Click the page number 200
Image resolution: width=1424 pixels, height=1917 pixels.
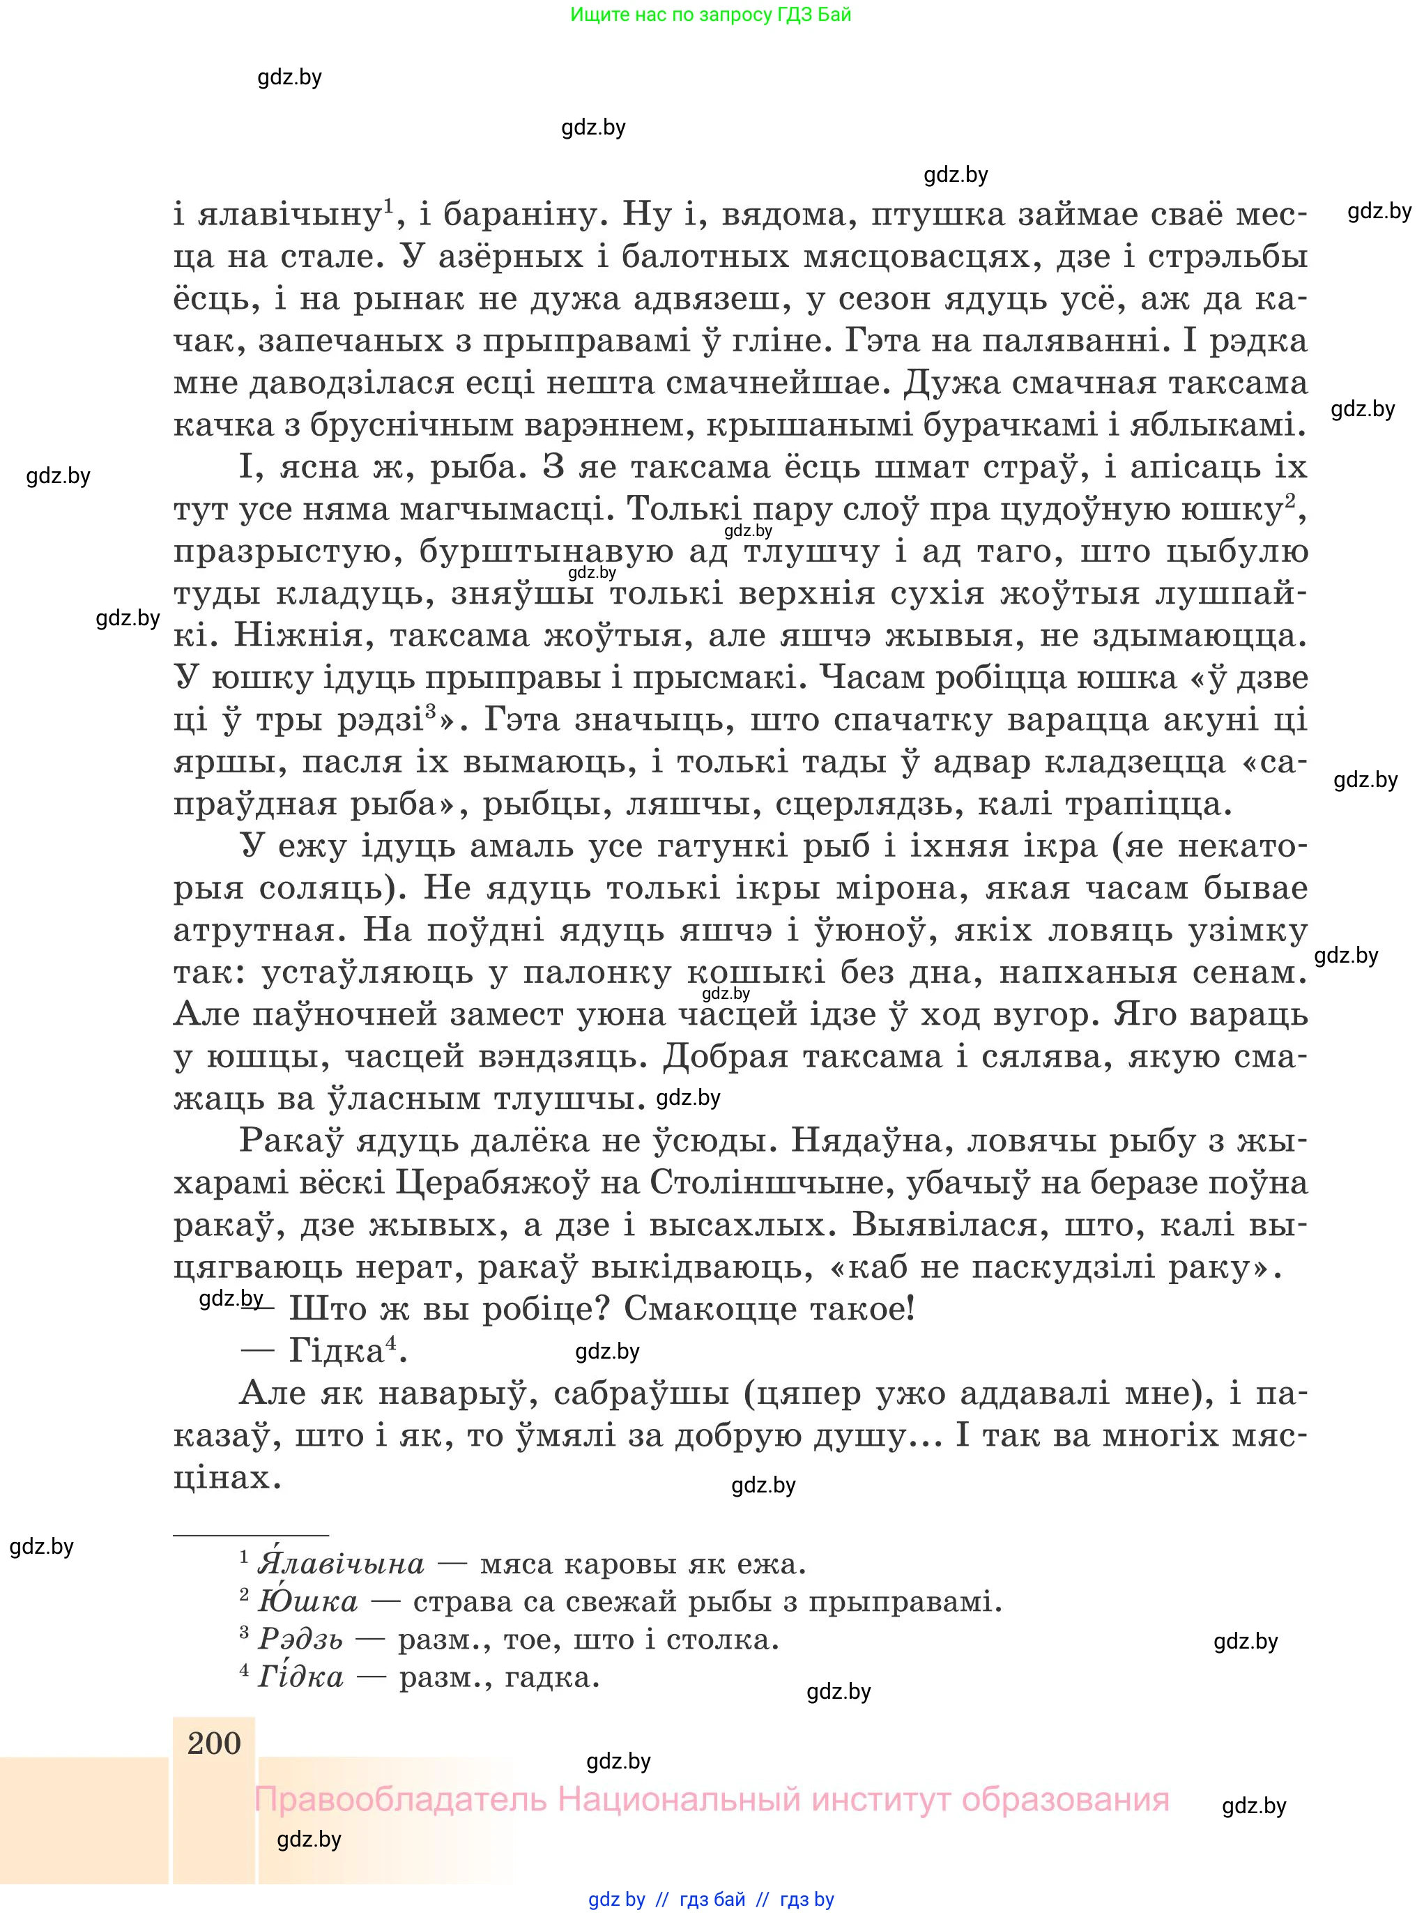click(214, 1743)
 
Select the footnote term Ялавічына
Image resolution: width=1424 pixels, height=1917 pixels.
click(342, 1563)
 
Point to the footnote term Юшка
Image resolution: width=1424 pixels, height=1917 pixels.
click(307, 1601)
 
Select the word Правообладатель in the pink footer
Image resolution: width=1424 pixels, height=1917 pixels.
click(401, 1800)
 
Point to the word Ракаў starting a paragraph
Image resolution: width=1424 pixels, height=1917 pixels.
click(291, 1140)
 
